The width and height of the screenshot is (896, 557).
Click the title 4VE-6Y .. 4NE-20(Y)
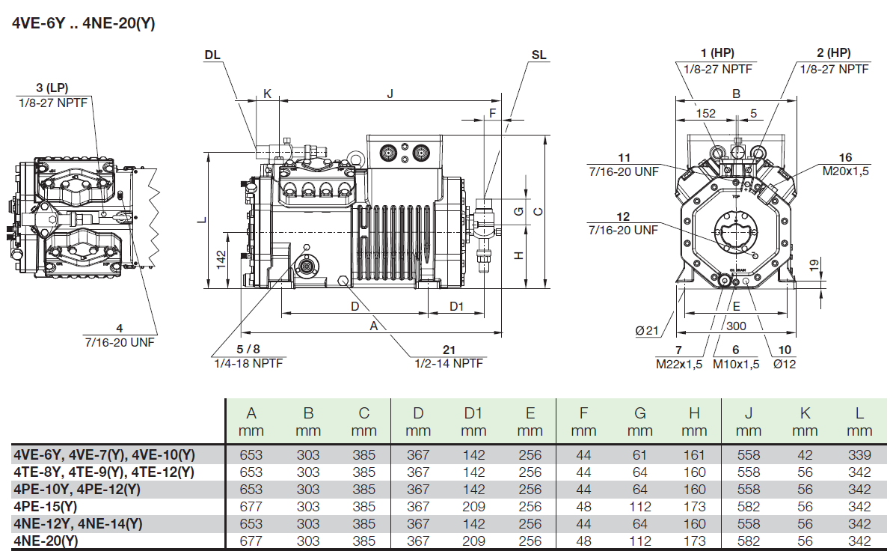(84, 23)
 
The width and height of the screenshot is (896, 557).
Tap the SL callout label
(538, 55)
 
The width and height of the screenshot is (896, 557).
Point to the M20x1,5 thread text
(846, 171)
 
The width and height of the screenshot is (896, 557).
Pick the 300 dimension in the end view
(736, 326)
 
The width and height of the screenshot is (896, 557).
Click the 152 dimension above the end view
(705, 114)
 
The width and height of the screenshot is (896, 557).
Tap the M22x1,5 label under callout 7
(679, 364)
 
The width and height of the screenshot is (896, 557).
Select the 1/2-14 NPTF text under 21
(449, 363)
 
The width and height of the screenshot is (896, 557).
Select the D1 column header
(473, 413)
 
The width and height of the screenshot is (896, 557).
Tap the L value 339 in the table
(860, 454)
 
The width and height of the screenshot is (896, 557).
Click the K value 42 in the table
(805, 454)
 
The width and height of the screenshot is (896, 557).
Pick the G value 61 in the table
(640, 454)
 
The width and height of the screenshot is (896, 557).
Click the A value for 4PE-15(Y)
(251, 506)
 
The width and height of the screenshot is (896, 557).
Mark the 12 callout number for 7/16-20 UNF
(623, 217)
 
